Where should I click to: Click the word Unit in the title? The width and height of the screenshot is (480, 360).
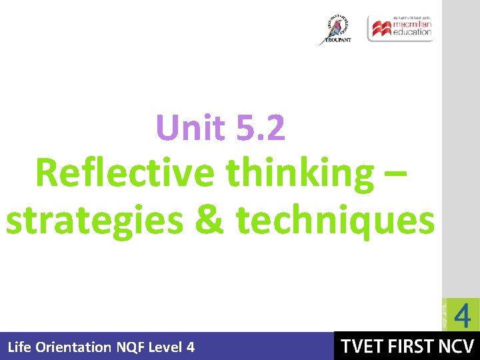189,127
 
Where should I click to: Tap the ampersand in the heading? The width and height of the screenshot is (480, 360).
211,220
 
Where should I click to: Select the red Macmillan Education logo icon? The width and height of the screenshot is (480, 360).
381,29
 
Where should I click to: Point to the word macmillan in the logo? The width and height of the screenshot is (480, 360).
412,25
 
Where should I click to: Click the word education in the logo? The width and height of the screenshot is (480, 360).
412,32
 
